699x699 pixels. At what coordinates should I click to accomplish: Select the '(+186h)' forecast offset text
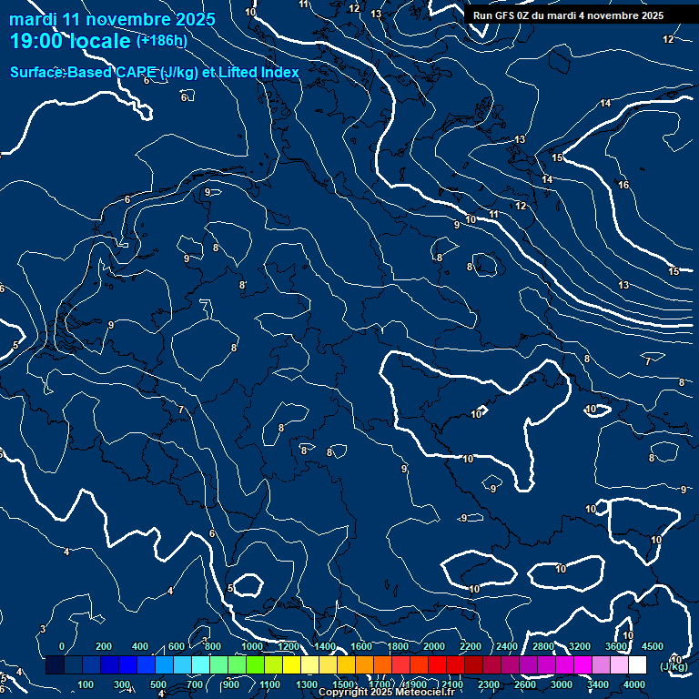[x=161, y=40]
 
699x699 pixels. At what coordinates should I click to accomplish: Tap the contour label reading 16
[x=623, y=186]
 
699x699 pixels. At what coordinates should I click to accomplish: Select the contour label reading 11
[x=493, y=215]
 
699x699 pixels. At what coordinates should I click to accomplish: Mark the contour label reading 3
[x=43, y=630]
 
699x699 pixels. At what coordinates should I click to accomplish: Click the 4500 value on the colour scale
[x=652, y=646]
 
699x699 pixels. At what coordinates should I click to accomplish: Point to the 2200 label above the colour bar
[x=471, y=646]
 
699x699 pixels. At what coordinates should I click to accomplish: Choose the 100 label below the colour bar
[x=86, y=684]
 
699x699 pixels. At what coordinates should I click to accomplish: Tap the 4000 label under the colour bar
[x=634, y=684]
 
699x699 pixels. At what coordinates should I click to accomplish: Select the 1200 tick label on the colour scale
[x=289, y=646]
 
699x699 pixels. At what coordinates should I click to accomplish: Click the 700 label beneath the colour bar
[x=194, y=684]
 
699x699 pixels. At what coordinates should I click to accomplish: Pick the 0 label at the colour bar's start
[x=62, y=646]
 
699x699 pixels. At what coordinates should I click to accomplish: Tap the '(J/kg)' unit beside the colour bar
[x=674, y=667]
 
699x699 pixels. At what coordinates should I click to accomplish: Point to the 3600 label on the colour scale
[x=616, y=646]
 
